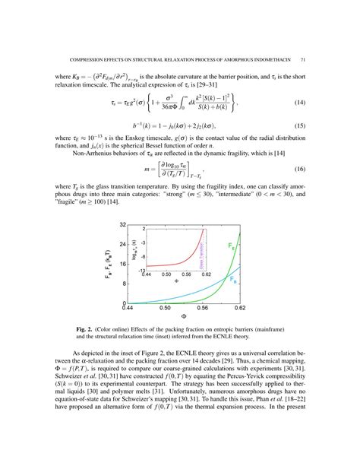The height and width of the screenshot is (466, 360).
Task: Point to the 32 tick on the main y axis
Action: [x=122, y=226]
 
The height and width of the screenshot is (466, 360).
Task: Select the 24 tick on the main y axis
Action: [x=122, y=245]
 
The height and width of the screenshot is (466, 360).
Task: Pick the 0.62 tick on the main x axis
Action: [x=240, y=309]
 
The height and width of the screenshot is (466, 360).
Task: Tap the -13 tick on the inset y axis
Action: [x=141, y=268]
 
